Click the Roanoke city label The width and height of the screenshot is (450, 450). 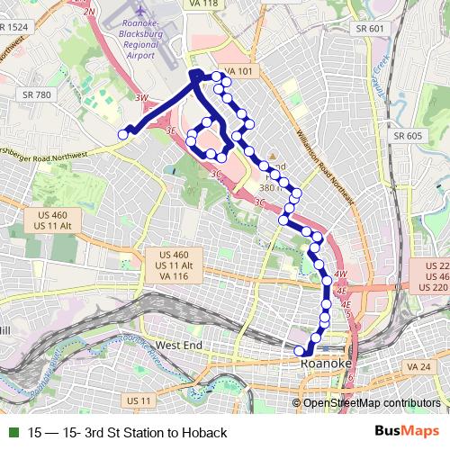[x=325, y=363]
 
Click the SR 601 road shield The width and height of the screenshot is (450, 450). [x=369, y=29]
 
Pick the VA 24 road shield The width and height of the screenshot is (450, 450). [x=418, y=367]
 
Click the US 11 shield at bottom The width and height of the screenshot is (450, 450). [x=139, y=400]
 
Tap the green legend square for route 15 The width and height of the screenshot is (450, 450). [x=13, y=433]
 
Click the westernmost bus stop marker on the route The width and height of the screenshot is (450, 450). [x=124, y=135]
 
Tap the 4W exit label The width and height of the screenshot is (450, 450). [x=339, y=274]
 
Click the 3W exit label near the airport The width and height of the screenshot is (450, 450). [x=140, y=97]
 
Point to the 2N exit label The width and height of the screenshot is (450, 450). [x=88, y=10]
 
